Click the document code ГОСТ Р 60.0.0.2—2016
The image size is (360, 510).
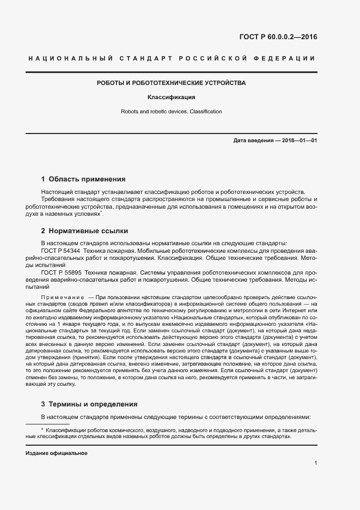tap(278, 38)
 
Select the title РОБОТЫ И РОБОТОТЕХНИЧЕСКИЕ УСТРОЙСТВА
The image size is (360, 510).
tap(172, 83)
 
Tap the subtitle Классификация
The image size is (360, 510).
tap(172, 98)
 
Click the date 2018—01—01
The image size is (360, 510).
tap(299, 141)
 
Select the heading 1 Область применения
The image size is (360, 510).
tap(83, 179)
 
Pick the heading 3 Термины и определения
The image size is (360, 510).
tap(89, 404)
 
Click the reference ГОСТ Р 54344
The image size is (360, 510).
tap(62, 250)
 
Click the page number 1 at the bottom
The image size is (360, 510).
tap(316, 463)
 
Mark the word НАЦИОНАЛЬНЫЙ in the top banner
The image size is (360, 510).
tap(70, 58)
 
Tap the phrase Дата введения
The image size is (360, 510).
tap(253, 141)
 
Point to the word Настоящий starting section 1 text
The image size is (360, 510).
tap(56, 192)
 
